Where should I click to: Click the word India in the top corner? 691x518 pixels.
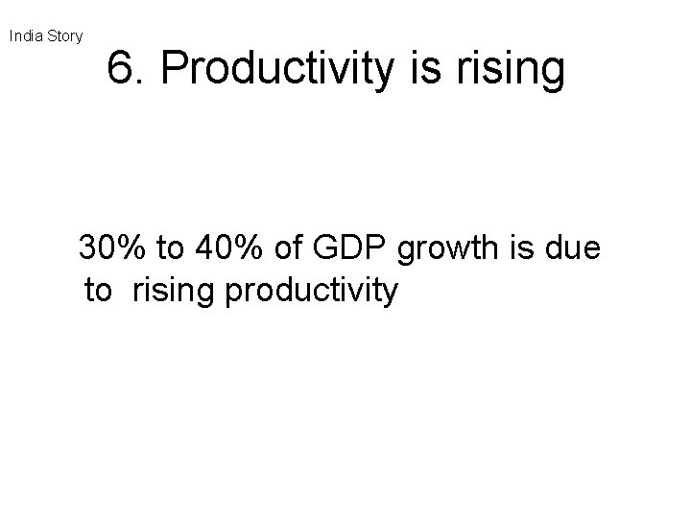26,36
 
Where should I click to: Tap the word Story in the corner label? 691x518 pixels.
64,36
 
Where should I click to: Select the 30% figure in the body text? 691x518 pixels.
110,249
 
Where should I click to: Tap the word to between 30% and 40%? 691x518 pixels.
170,249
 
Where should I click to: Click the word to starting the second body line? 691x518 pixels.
99,291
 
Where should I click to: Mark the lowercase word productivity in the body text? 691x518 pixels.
310,291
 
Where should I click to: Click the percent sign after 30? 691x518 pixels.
129,249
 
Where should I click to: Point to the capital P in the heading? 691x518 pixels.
175,69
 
